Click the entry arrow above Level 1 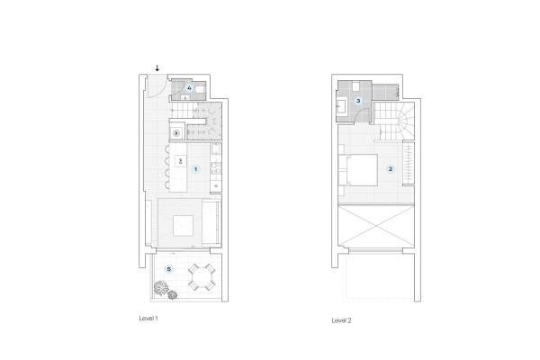tap(157, 67)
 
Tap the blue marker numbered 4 tap(189, 88)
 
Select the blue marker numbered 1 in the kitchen tap(195, 169)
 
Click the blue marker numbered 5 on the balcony tap(169, 269)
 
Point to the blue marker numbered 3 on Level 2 tap(358, 101)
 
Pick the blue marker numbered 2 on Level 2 tap(391, 169)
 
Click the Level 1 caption tap(148, 319)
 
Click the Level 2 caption tap(341, 320)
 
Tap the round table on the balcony tap(202, 277)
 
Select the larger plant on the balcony tap(161, 288)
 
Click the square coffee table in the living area tap(183, 226)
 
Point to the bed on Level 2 tap(360, 170)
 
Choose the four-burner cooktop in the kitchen tap(216, 168)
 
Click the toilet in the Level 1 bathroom tap(200, 90)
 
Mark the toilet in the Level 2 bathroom tap(355, 86)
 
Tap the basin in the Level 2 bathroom tap(341, 106)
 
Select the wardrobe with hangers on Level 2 tap(409, 163)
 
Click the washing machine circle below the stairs tap(176, 133)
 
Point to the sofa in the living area tap(211, 223)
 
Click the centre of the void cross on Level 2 tap(376, 226)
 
